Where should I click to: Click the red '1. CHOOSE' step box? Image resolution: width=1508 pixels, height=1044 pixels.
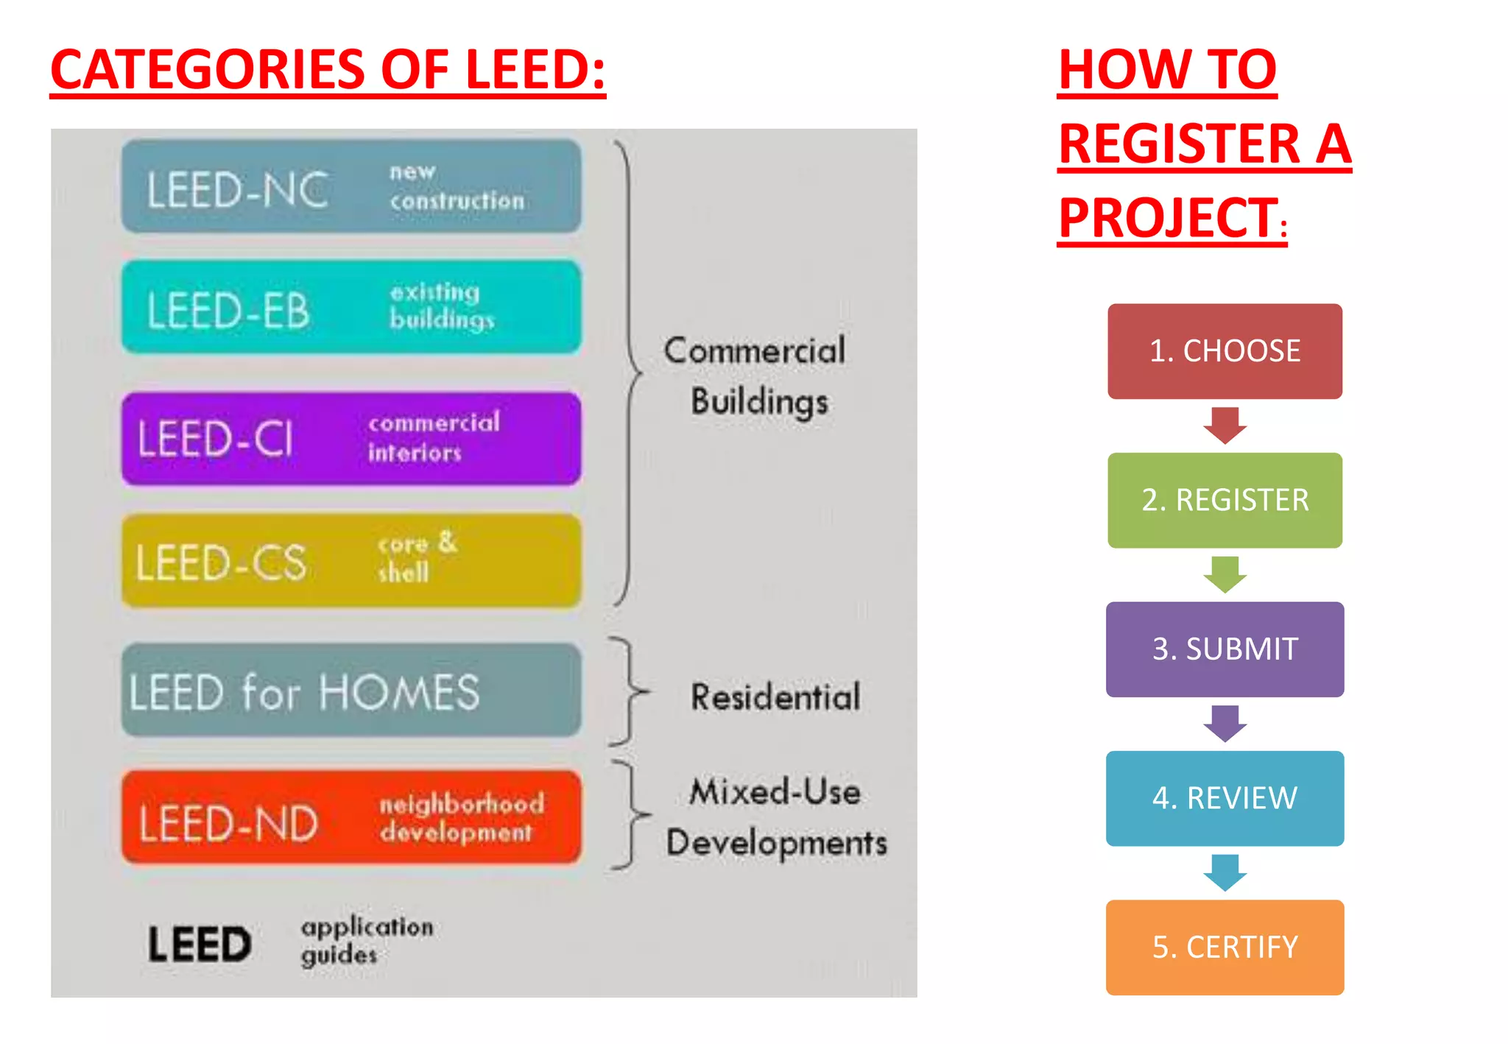(x=1225, y=351)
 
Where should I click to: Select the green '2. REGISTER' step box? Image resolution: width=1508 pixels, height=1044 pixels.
(x=1225, y=500)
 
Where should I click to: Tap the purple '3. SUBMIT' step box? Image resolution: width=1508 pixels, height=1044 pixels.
(x=1225, y=649)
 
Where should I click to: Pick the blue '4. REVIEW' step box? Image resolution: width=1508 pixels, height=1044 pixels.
(x=1225, y=798)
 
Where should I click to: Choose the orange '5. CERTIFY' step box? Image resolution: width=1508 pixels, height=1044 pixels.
(x=1225, y=947)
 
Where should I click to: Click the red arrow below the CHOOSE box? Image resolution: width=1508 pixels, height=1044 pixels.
(x=1225, y=425)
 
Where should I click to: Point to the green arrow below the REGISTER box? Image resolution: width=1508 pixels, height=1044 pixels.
(x=1225, y=574)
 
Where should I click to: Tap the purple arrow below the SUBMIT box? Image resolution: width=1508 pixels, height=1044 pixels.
(x=1225, y=723)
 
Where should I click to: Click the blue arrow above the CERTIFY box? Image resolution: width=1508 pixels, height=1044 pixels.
(x=1225, y=872)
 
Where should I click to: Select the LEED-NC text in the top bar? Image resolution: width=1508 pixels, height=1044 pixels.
(x=237, y=190)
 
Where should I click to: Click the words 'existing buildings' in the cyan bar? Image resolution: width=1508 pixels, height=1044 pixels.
(x=442, y=306)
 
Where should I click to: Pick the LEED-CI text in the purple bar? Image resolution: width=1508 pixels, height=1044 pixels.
(x=215, y=439)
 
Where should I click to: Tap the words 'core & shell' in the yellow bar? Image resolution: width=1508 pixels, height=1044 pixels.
(x=417, y=557)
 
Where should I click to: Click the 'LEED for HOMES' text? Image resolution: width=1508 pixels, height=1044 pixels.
(x=304, y=693)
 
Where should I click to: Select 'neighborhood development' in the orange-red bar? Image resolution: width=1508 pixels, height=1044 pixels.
(x=462, y=818)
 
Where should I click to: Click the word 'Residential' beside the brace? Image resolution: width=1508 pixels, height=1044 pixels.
(x=775, y=696)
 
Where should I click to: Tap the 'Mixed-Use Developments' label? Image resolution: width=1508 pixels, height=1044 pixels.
(x=776, y=817)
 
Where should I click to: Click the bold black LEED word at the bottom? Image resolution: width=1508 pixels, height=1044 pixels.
(x=200, y=945)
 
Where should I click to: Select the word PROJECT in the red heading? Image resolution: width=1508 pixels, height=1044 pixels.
(x=1168, y=219)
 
